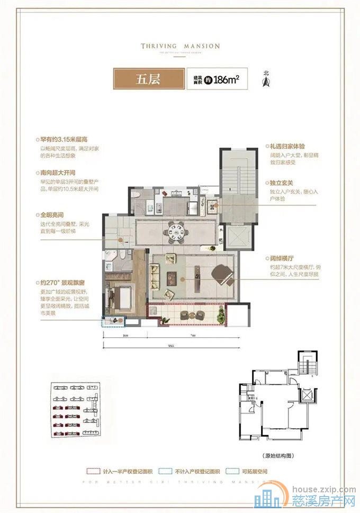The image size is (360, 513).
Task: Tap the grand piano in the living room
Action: point(221,274)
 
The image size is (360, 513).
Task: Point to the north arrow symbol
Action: point(266,80)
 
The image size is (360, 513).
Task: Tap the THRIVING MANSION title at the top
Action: point(180,46)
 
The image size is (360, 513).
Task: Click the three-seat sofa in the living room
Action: point(156,277)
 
